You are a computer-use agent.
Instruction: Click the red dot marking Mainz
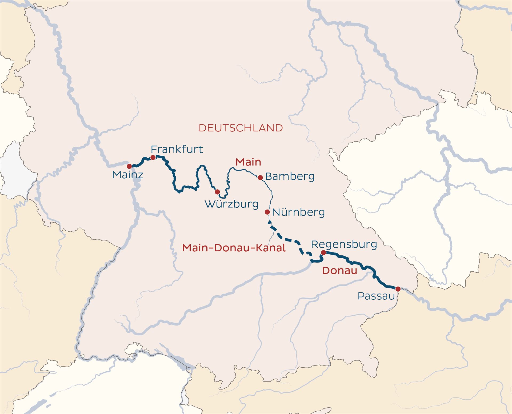tap(129, 166)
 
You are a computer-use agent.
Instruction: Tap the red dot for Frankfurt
tap(153, 158)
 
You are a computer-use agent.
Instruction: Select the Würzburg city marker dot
tap(217, 192)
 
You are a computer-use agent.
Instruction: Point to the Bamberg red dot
tap(260, 178)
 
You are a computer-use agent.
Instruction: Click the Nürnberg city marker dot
tap(267, 212)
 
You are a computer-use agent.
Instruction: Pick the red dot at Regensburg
tap(323, 252)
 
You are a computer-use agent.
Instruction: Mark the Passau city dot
tap(398, 289)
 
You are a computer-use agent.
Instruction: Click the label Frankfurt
tap(177, 149)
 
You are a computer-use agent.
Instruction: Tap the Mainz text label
tap(127, 175)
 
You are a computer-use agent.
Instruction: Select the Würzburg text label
tap(231, 204)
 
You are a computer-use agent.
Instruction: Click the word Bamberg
tap(290, 176)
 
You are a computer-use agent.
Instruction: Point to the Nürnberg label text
tap(298, 212)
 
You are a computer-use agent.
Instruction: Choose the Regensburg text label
tap(344, 244)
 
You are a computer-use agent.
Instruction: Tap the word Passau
tap(376, 296)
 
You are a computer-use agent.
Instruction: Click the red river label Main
tap(248, 162)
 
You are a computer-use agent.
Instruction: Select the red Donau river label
tap(339, 271)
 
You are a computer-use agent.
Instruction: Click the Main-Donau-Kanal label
tap(234, 248)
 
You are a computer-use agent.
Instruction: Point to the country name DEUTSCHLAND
tap(241, 128)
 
